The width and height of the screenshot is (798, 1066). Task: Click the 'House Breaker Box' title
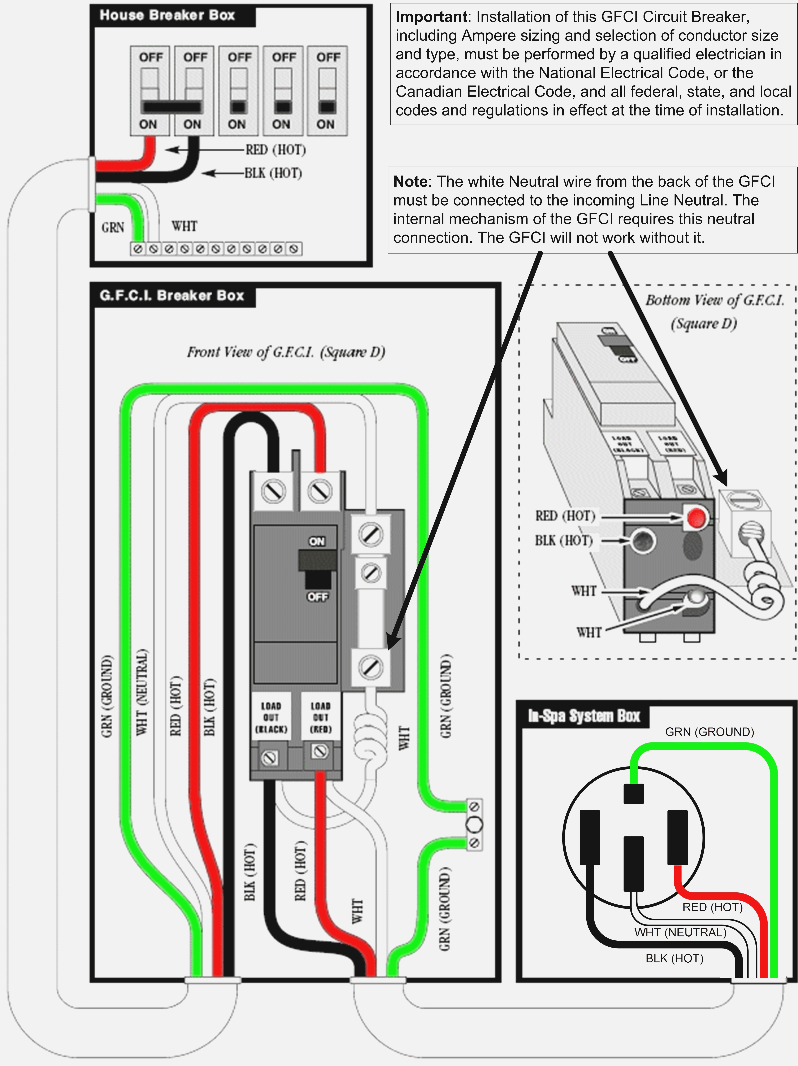[x=167, y=15]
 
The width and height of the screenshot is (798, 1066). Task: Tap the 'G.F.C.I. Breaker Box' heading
[x=172, y=295]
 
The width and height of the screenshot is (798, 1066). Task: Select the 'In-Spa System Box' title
[x=583, y=716]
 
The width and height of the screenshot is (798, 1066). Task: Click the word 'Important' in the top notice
[x=431, y=17]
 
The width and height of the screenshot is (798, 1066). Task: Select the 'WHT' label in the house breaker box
[x=184, y=226]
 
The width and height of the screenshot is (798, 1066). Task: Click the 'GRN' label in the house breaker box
[x=113, y=227]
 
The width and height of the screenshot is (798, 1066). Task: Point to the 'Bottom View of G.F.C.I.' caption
[x=715, y=300]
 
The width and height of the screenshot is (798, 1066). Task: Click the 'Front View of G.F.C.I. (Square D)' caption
[x=286, y=352]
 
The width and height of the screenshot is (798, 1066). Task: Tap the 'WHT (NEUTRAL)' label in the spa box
[x=680, y=933]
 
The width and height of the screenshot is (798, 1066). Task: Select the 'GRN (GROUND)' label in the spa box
[x=709, y=732]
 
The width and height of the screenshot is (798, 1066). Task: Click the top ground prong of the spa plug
[x=634, y=794]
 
